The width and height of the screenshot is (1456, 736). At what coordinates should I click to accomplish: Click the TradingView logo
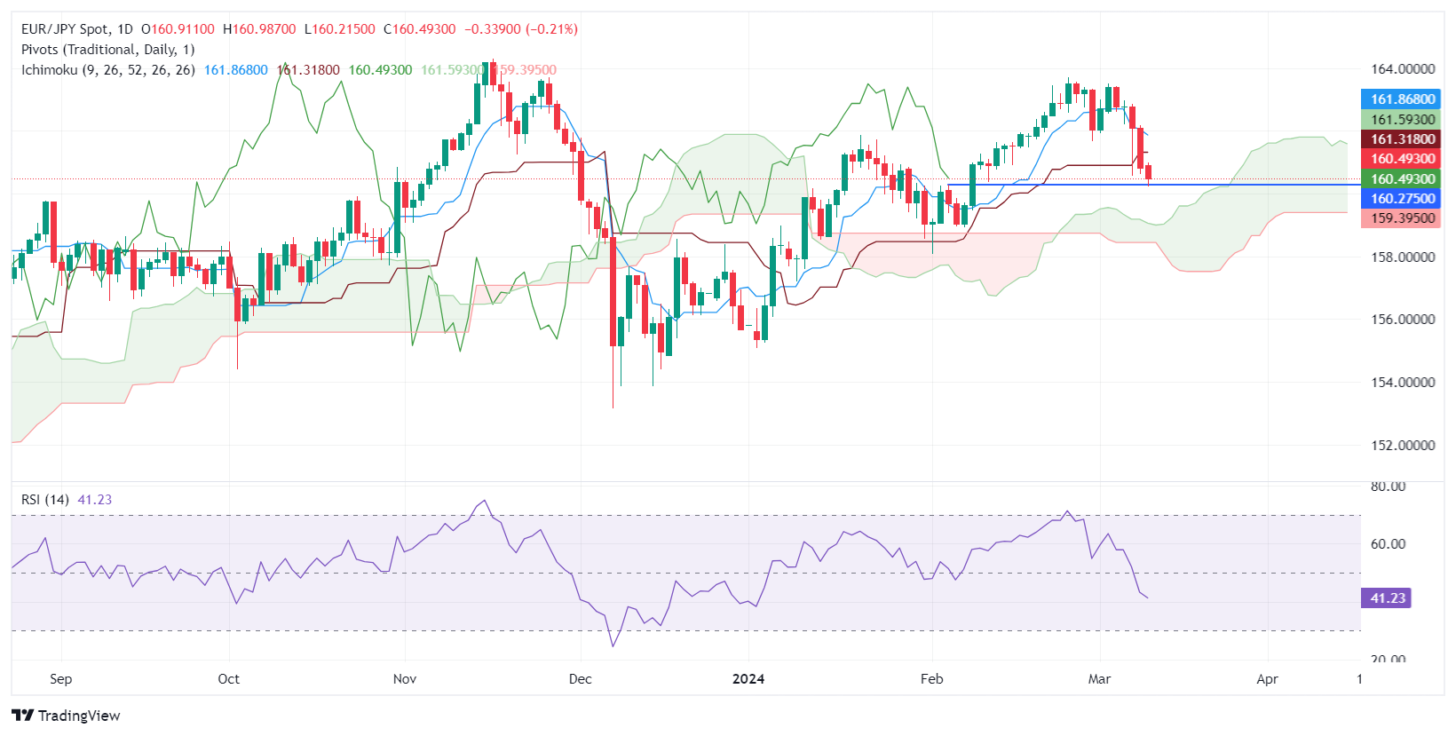67,716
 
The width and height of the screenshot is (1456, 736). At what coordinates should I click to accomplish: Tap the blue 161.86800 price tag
1401,99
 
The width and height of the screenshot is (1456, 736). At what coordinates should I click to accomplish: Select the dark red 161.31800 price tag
1401,139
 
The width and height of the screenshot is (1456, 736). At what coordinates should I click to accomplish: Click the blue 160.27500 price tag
1401,199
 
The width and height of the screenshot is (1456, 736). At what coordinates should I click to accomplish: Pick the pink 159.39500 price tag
1401,218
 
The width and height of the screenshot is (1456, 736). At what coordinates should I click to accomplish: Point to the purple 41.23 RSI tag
1386,598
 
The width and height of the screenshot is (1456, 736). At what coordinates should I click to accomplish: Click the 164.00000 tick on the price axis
1402,69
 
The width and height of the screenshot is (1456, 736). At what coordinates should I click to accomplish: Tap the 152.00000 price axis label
1402,446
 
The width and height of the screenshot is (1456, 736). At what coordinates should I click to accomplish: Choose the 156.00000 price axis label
1402,320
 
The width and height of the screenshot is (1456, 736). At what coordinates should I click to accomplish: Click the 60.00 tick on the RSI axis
1388,544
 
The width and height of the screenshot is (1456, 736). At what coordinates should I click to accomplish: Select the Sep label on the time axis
60,679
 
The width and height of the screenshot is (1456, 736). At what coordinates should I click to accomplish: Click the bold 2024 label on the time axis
748,679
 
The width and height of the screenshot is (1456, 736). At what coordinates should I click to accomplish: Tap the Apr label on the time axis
1267,679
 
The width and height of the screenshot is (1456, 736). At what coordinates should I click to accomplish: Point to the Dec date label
580,679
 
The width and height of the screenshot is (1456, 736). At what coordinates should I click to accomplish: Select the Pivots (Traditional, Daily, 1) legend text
107,50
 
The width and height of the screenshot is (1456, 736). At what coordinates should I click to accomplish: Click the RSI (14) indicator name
45,500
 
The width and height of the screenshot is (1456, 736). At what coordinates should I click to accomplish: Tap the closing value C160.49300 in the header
419,29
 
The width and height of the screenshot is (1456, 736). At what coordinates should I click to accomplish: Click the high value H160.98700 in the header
259,29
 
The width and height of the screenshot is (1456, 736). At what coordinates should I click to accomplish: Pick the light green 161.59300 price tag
1401,120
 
